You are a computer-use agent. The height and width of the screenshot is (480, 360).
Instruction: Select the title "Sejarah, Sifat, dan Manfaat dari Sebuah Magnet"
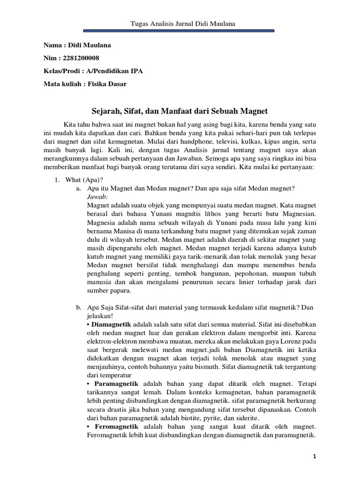point(179,111)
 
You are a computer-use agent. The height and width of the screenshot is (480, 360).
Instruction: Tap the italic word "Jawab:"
point(97,197)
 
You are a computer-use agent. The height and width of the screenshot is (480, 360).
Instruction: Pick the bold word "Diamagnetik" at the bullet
point(112,324)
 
